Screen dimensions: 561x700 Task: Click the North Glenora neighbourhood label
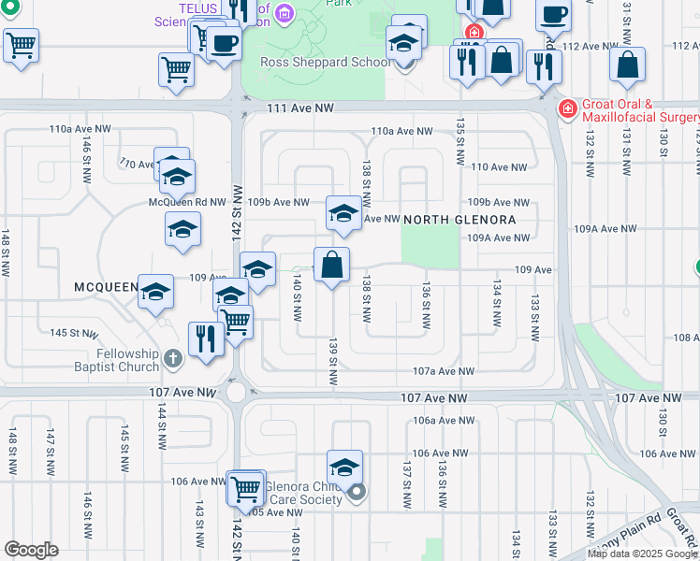(x=459, y=220)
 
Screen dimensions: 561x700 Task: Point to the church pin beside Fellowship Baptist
(x=171, y=358)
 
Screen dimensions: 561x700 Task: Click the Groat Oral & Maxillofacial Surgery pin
(x=567, y=109)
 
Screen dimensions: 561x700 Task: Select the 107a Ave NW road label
(x=443, y=371)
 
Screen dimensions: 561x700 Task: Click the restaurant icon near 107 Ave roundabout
(x=205, y=338)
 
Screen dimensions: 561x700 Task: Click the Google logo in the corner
(x=31, y=550)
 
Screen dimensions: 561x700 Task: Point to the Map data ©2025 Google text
(x=642, y=554)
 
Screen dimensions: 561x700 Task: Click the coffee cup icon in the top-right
(x=554, y=16)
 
